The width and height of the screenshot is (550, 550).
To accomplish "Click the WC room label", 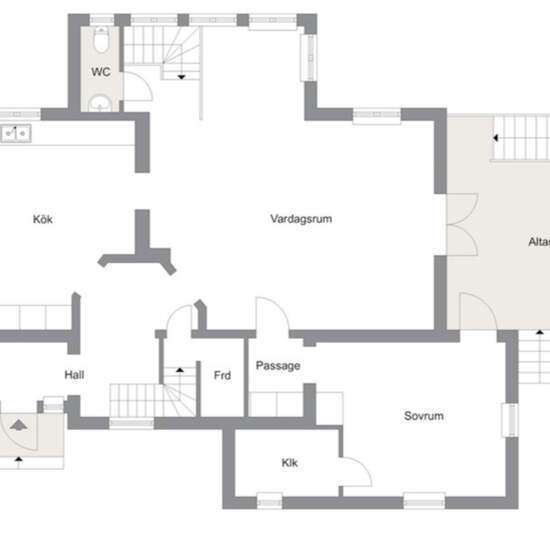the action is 101,72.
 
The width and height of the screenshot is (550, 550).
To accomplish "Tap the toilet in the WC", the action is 101,40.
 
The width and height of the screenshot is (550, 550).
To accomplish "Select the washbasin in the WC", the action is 100,104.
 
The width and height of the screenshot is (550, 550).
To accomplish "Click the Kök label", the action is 43,219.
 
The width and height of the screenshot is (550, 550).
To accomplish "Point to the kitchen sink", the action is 16,134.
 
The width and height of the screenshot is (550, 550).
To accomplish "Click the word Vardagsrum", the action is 301,219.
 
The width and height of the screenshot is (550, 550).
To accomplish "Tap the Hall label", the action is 74,375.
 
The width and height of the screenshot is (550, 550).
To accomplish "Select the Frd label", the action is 222,375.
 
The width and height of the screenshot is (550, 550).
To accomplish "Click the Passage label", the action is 278,366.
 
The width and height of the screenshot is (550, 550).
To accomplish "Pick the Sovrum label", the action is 424,416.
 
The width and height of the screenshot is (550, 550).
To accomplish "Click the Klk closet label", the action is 290,463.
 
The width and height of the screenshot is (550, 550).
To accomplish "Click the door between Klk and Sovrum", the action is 357,472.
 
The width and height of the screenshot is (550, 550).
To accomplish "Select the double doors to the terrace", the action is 462,224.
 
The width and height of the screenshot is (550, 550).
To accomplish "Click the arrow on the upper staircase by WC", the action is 181,77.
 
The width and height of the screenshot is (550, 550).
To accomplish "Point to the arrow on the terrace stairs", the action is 495,138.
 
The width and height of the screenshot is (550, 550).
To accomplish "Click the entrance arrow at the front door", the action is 19,425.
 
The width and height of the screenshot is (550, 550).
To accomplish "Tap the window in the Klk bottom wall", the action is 269,501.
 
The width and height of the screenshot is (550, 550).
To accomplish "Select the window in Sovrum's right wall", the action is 510,420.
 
